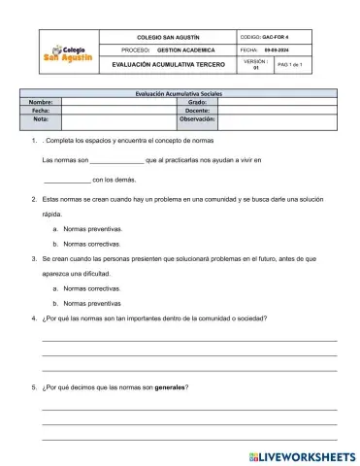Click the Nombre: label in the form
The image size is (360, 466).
(41, 101)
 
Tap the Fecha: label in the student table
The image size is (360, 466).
(41, 111)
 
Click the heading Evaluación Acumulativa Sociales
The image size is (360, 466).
(179, 92)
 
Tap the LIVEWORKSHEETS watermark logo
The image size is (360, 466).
(302, 455)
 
